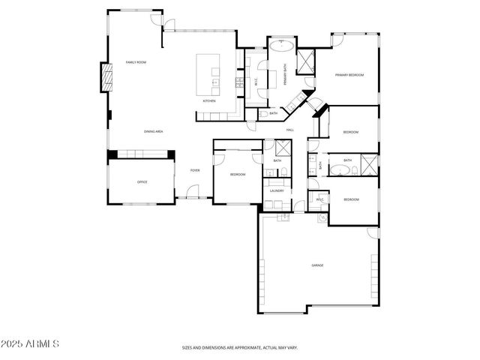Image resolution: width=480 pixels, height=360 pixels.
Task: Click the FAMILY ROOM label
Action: point(136,61)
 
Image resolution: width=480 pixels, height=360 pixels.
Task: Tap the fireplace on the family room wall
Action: point(106,76)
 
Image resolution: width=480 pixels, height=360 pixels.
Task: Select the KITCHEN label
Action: point(209,100)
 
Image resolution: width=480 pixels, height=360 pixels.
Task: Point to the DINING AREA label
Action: point(154,131)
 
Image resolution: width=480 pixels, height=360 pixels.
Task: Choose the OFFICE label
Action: point(142,182)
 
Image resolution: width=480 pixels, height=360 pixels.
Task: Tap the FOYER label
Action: point(195,170)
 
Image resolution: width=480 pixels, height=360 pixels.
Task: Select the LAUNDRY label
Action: point(276,191)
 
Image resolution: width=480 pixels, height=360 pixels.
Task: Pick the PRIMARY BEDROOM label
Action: point(349,75)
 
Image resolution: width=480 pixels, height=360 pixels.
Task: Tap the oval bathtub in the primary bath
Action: point(283,46)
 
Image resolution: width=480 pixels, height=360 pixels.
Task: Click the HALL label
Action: point(289,130)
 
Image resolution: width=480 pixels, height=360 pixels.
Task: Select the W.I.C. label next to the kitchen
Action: point(256,82)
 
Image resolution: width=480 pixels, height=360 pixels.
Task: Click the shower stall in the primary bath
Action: point(306,63)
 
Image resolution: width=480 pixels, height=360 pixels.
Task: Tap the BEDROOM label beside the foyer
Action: point(237,174)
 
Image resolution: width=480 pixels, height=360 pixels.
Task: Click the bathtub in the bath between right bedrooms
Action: point(342,172)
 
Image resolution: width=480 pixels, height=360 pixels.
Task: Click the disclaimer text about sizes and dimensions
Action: point(240,348)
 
